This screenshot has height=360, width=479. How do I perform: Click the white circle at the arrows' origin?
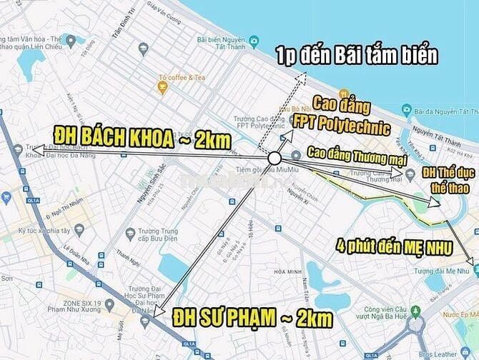[275, 158]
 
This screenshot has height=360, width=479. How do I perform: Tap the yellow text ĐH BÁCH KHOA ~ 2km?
[142, 138]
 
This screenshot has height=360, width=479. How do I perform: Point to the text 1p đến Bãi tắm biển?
[357, 55]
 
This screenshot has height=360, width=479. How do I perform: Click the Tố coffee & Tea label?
[182, 77]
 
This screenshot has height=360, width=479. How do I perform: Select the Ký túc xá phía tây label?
[46, 231]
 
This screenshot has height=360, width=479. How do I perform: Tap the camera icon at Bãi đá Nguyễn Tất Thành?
[407, 110]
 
